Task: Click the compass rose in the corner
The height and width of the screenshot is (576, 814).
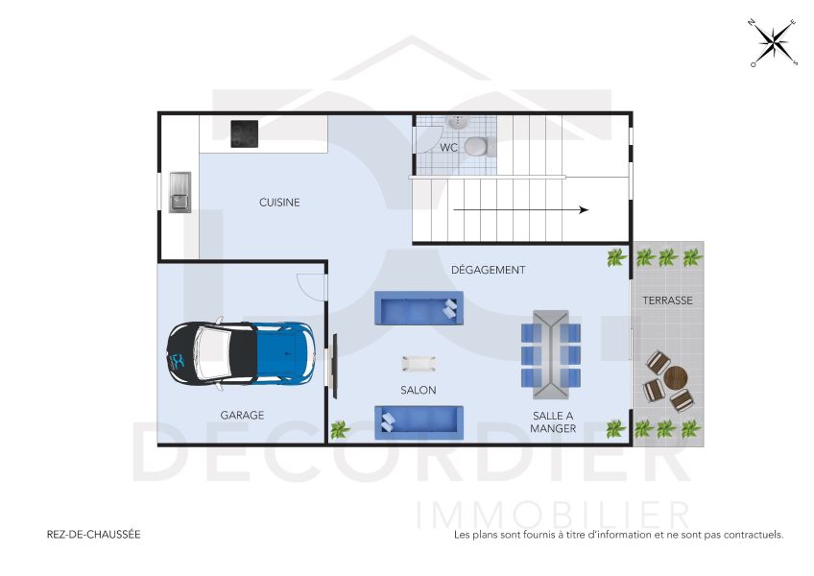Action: tap(774, 43)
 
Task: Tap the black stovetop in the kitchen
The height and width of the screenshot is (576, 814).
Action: tap(244, 133)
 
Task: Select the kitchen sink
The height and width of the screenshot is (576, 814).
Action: tap(180, 191)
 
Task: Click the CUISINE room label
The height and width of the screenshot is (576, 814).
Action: tap(279, 203)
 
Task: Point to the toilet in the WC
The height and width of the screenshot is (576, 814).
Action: tap(475, 146)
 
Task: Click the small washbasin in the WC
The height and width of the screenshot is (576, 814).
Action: tap(458, 122)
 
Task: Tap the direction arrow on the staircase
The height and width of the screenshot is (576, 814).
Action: tap(519, 209)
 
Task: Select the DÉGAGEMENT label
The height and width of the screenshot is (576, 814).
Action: tap(488, 271)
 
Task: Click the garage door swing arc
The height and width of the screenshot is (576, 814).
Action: tap(311, 285)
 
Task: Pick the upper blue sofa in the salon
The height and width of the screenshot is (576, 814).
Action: tap(418, 308)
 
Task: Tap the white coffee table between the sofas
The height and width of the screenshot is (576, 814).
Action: tap(419, 363)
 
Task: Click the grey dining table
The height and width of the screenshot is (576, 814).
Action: tap(550, 353)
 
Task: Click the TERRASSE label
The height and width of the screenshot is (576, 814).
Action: tap(667, 300)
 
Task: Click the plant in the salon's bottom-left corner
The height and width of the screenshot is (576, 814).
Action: tap(339, 429)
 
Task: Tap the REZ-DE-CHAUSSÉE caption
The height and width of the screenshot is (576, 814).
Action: tap(93, 535)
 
